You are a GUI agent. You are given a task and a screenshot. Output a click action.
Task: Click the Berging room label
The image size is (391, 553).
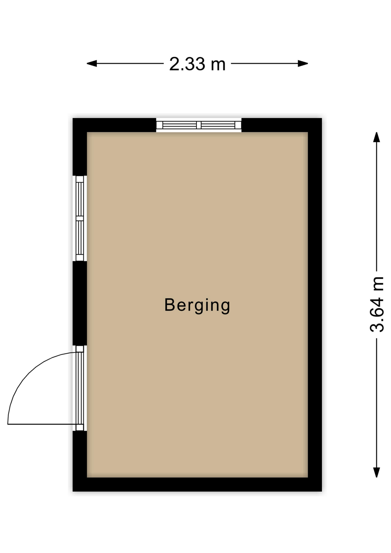pyautogui.click(x=197, y=306)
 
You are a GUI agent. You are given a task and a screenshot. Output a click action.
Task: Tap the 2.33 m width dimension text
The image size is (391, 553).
pyautogui.click(x=197, y=64)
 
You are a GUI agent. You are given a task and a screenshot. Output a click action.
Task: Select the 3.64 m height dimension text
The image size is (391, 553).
pyautogui.click(x=377, y=304)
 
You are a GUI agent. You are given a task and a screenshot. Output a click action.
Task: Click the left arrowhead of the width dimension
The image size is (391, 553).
pyautogui.click(x=92, y=63)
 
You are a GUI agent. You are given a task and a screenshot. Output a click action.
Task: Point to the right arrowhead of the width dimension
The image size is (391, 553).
pyautogui.click(x=303, y=63)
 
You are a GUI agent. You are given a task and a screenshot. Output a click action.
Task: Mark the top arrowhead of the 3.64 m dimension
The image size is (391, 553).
pyautogui.click(x=376, y=137)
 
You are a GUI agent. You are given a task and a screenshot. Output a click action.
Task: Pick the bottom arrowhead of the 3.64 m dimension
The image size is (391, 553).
pyautogui.click(x=376, y=472)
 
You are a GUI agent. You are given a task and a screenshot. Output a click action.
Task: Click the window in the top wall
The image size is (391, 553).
pyautogui.click(x=199, y=125)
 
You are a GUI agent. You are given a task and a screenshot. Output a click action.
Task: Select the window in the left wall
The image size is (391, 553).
pyautogui.click(x=80, y=218)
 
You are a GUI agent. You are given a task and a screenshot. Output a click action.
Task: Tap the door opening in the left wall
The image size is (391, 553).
pyautogui.click(x=80, y=388)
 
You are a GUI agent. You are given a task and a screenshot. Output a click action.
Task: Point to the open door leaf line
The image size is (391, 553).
pyautogui.click(x=42, y=424)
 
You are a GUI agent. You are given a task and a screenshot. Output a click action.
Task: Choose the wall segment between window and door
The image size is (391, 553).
pyautogui.click(x=80, y=303)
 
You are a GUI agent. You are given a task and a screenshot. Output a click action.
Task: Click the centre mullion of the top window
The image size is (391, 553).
pyautogui.click(x=199, y=125)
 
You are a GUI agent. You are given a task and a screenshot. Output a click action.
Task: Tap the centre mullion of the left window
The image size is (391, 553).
pyautogui.click(x=80, y=218)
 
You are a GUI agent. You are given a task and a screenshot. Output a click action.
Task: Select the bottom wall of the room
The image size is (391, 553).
pyautogui.click(x=197, y=484)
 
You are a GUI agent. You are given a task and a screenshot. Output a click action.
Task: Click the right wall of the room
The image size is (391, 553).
pyautogui.click(x=315, y=305)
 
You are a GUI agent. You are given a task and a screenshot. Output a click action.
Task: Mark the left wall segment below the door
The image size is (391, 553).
pyautogui.click(x=80, y=461)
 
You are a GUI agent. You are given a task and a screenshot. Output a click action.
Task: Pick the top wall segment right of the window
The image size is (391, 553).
pyautogui.click(x=282, y=125)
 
